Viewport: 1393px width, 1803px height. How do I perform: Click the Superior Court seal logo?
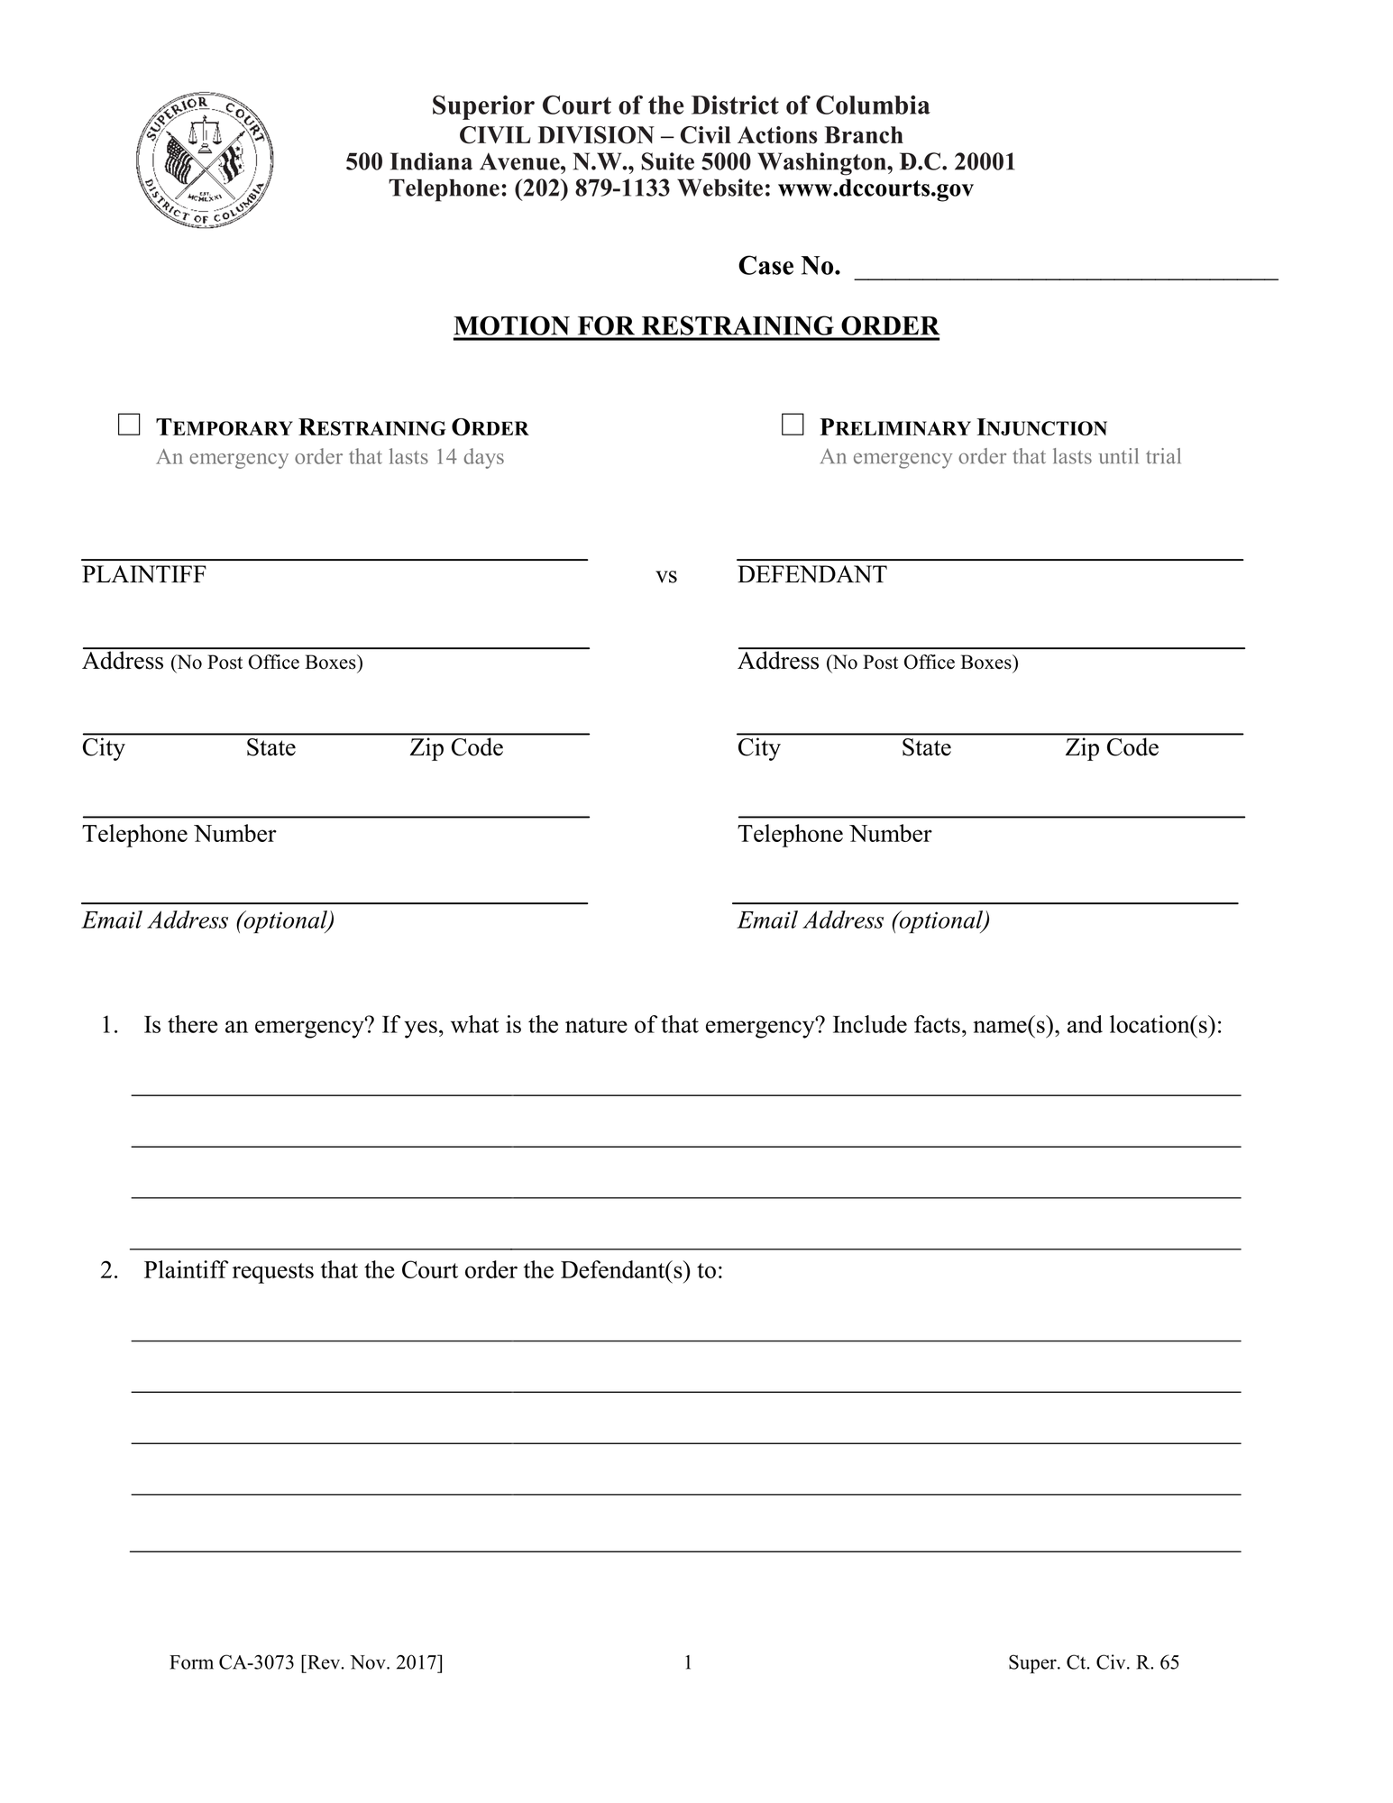pos(205,160)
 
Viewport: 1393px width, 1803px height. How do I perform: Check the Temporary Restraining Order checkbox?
pos(129,425)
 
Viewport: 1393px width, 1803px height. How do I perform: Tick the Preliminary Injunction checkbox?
pos(792,425)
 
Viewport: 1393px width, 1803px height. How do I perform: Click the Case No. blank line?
pos(1065,270)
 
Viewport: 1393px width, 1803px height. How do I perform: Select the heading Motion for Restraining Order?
pos(696,325)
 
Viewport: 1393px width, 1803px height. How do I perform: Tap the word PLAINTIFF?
pos(144,574)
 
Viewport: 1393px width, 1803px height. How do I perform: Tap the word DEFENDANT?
pos(811,574)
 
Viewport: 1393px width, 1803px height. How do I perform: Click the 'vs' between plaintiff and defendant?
pos(665,576)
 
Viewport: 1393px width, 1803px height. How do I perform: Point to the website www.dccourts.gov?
pos(875,188)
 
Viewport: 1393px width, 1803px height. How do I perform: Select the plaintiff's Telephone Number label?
pos(179,834)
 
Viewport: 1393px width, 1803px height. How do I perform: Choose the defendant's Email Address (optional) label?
pos(863,920)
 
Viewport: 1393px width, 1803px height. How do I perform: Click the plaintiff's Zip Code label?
pos(456,747)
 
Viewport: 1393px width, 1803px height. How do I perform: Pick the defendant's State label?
pos(926,747)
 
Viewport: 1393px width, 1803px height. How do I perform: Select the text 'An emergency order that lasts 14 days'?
pos(330,457)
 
